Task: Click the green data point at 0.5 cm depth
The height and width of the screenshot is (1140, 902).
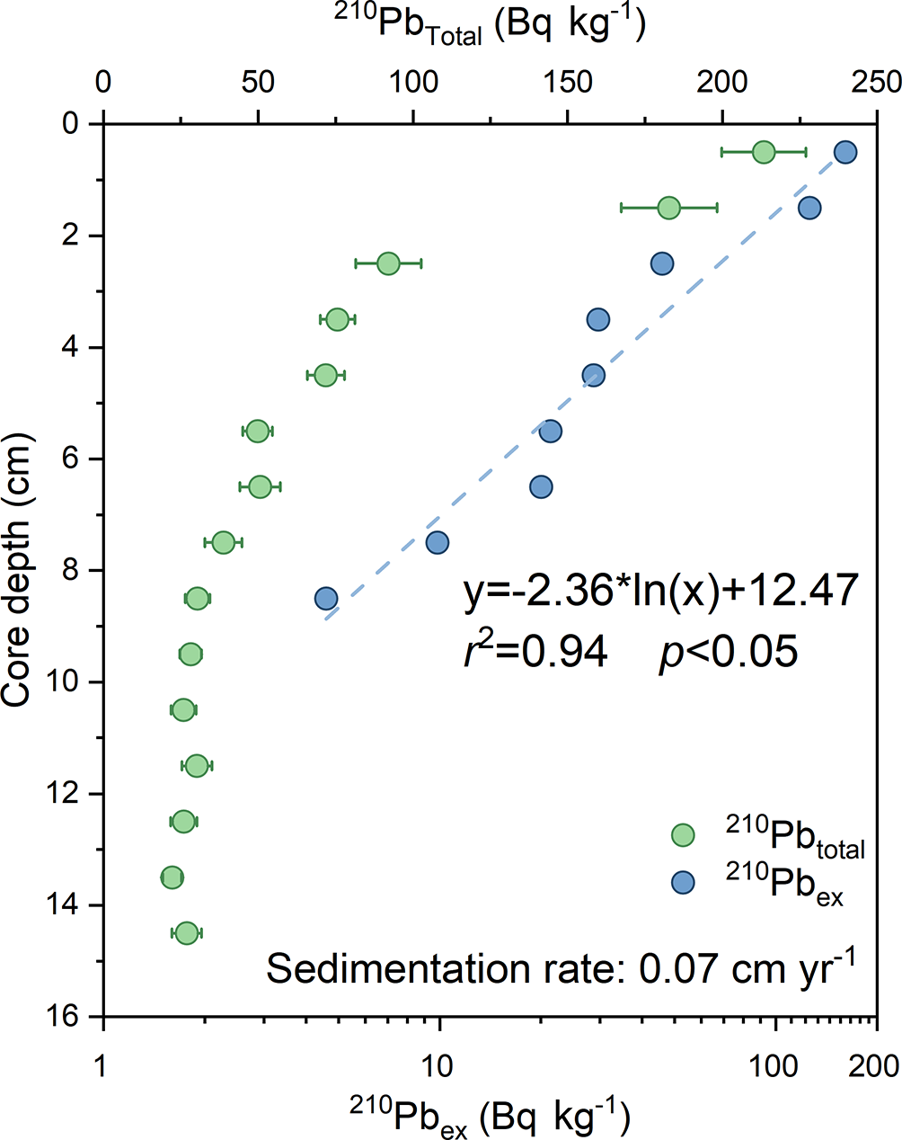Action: (763, 152)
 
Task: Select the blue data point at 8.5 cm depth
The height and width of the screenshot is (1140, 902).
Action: (326, 599)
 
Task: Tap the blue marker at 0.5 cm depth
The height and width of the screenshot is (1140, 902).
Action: (845, 152)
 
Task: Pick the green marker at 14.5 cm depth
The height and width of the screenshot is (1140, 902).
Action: (186, 933)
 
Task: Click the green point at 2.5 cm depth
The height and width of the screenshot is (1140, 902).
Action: (388, 263)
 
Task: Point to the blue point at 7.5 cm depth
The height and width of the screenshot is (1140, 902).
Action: (438, 542)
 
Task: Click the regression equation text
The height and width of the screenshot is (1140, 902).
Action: (660, 592)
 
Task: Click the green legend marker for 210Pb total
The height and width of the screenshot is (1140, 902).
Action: (684, 835)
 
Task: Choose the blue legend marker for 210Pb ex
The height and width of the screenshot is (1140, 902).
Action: (684, 883)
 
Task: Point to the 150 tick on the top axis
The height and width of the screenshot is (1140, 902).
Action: (568, 82)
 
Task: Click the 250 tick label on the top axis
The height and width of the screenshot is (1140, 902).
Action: (877, 82)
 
